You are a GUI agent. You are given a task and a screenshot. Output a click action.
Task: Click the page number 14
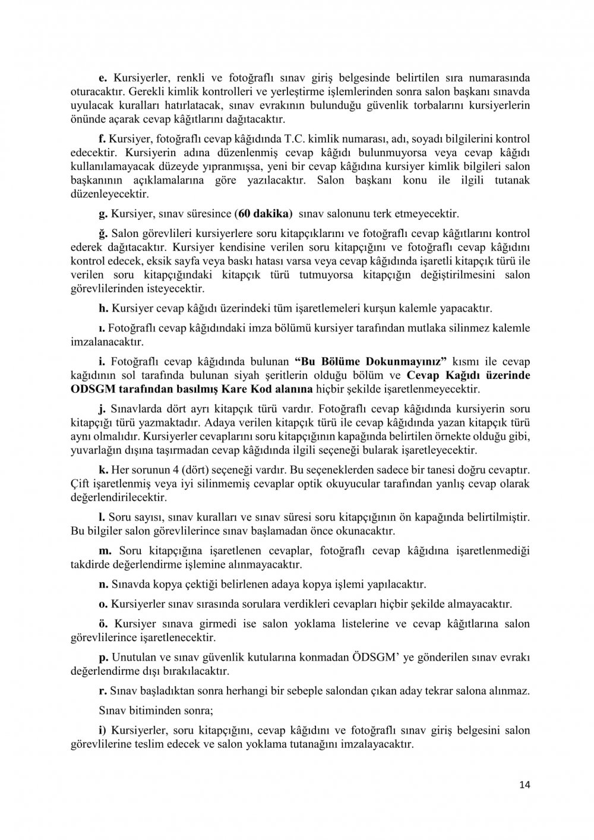[524, 785]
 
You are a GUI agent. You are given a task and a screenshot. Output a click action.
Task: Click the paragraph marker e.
[102, 78]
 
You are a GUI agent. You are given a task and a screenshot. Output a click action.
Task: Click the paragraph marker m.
[104, 550]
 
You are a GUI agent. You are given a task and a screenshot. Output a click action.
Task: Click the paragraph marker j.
[102, 409]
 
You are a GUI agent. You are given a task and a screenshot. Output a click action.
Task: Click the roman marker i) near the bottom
[102, 730]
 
